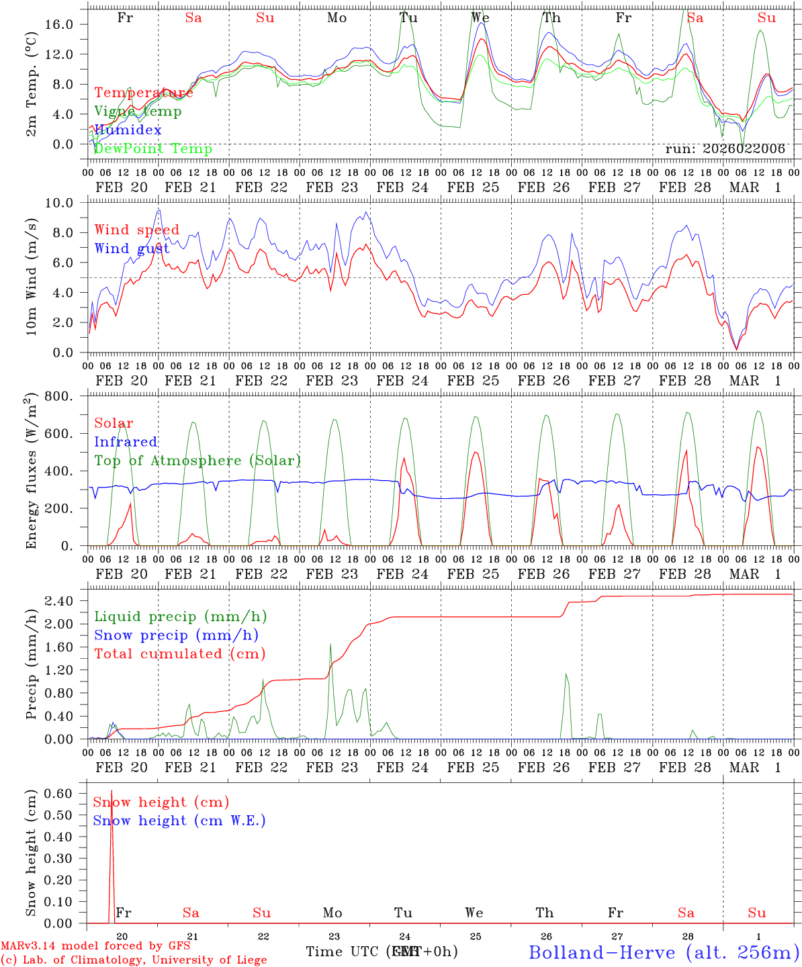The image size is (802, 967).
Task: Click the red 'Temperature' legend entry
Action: pyautogui.click(x=143, y=93)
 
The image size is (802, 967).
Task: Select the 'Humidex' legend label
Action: pyautogui.click(x=128, y=130)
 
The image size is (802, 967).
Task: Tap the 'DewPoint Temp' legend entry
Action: pyautogui.click(x=153, y=149)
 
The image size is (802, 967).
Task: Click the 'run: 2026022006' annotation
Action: pyautogui.click(x=725, y=149)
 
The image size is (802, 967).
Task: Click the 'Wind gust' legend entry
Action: pyautogui.click(x=132, y=248)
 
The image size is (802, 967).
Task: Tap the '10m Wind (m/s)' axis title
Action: pyautogui.click(x=31, y=278)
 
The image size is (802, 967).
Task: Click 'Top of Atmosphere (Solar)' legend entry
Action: pyautogui.click(x=197, y=461)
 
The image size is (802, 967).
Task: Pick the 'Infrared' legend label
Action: pyautogui.click(x=126, y=442)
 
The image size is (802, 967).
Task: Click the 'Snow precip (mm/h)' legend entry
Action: pyautogui.click(x=176, y=635)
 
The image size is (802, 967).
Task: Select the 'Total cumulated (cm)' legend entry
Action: pyautogui.click(x=179, y=654)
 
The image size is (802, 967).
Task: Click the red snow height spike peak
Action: pyautogui.click(x=112, y=792)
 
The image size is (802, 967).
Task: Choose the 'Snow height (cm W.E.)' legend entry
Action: pyautogui.click(x=179, y=821)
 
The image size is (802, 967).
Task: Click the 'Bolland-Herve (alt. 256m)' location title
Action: pyautogui.click(x=664, y=952)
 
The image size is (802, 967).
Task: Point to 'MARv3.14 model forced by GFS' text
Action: pyautogui.click(x=95, y=946)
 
